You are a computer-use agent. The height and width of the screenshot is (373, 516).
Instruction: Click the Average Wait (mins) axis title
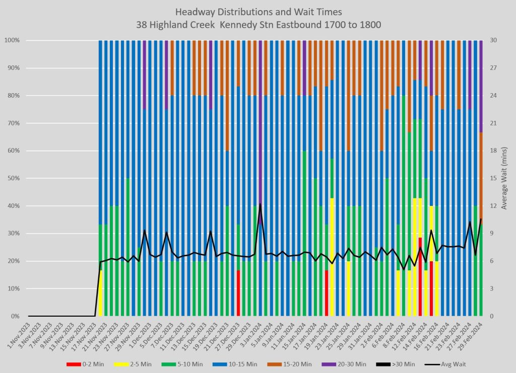coord(505,178)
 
